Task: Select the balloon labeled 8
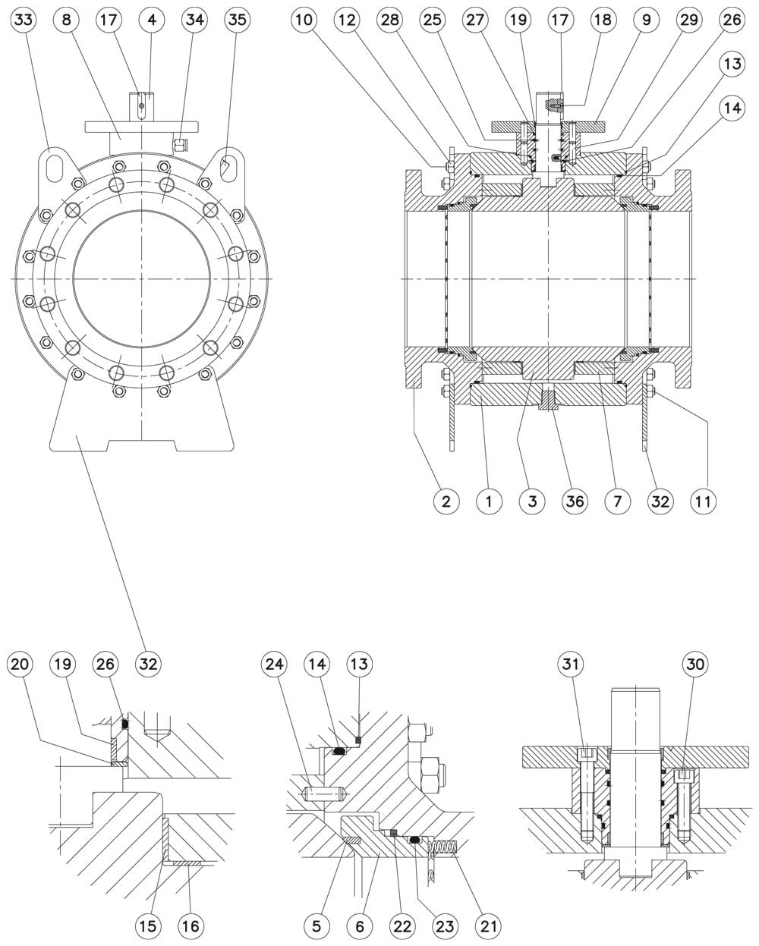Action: click(66, 21)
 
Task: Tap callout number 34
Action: click(194, 21)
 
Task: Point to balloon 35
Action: click(236, 21)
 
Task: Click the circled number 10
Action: click(304, 21)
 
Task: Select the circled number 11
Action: click(706, 501)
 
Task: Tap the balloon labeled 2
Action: click(446, 501)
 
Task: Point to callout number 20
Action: click(20, 665)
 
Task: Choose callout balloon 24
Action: click(274, 665)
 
